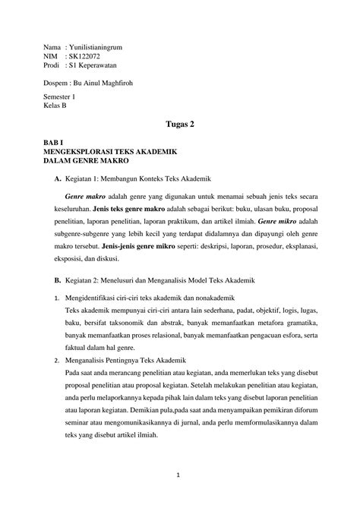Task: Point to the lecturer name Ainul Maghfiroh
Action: point(123,84)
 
